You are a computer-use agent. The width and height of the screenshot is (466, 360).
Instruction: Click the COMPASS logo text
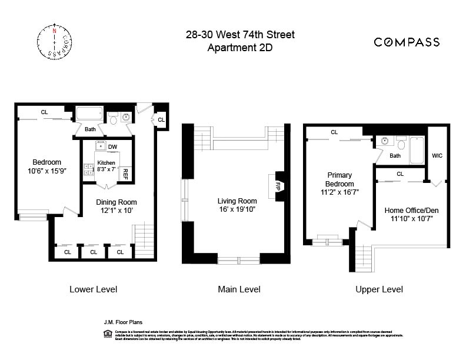(x=407, y=41)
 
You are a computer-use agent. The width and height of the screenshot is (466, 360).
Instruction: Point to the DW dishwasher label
(x=112, y=148)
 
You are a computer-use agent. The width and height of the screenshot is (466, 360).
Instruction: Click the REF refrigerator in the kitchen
(x=125, y=174)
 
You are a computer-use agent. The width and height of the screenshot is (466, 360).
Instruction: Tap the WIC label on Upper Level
(x=437, y=156)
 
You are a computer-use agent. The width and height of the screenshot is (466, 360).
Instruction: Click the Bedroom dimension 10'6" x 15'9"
(x=46, y=171)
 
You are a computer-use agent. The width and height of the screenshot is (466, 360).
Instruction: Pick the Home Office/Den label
(x=411, y=211)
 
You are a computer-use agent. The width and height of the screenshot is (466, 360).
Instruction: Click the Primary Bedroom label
(x=339, y=179)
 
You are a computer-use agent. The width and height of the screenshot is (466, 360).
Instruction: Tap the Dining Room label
(x=116, y=202)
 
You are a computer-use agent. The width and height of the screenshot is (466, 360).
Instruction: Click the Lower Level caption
(x=93, y=289)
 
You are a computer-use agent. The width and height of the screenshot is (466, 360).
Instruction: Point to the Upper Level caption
(x=379, y=289)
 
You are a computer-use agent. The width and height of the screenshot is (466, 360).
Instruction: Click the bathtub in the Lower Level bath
(x=90, y=114)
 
